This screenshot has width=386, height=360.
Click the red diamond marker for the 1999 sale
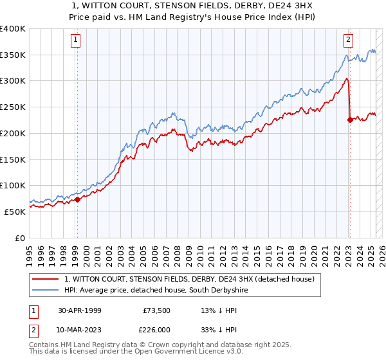point(77,199)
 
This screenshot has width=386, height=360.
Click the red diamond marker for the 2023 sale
point(350,119)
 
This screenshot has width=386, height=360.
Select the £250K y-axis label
point(13,107)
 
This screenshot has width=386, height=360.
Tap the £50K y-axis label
point(15,212)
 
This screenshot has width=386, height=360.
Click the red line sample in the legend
point(46,279)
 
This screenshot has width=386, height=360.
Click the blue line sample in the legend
point(46,291)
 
